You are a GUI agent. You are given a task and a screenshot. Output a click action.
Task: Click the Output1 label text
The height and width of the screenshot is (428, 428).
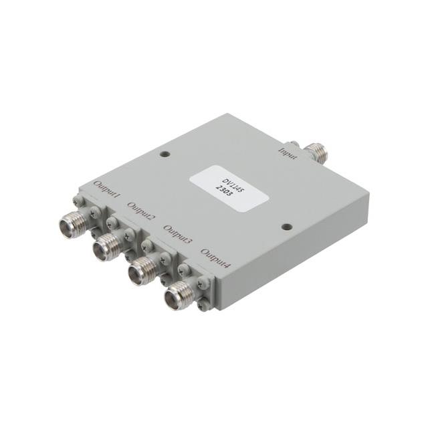coord(107,190)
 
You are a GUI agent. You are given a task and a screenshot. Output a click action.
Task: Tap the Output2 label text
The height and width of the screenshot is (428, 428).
coord(142,212)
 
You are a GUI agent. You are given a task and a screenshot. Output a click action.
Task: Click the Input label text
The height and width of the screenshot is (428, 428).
coord(289,148)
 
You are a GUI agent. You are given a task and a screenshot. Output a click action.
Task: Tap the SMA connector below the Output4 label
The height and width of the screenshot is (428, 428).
coord(178,291)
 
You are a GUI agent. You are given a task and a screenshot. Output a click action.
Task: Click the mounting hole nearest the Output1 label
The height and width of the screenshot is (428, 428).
coord(165,155)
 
